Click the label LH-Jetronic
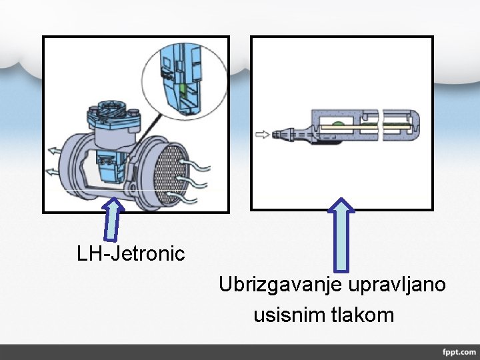[x=131, y=253]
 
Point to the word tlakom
[x=363, y=314]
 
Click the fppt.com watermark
[x=458, y=351]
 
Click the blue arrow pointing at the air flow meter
[x=114, y=218]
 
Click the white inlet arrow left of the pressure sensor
[x=263, y=134]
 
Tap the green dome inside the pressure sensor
[x=338, y=125]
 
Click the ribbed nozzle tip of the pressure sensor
[x=286, y=134]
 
